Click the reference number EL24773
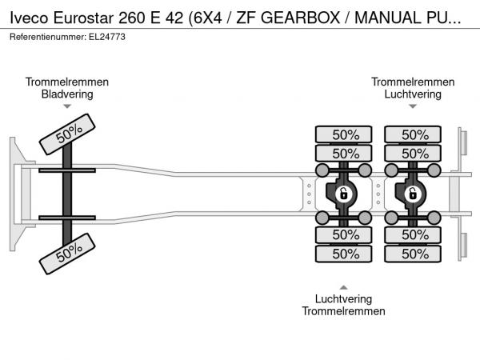[107, 37]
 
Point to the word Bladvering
[67, 94]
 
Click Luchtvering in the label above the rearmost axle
[413, 94]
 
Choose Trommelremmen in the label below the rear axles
[344, 311]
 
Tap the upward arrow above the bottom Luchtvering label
[344, 287]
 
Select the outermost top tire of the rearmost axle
[414, 134]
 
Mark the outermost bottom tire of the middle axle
[345, 254]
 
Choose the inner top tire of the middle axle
[345, 153]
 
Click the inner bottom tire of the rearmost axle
[414, 234]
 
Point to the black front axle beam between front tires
[68, 194]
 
